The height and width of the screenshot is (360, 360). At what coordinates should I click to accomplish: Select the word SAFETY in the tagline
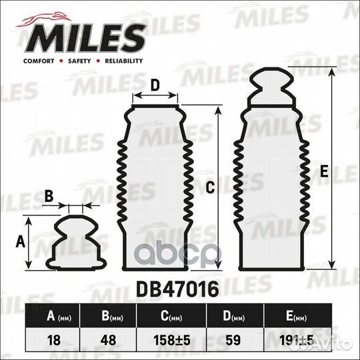tap(78, 61)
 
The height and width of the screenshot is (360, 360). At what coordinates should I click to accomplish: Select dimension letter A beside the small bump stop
tap(19, 242)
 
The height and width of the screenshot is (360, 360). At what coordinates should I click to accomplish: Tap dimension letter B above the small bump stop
tap(49, 196)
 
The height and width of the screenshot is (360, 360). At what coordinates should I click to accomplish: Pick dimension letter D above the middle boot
tap(155, 85)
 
